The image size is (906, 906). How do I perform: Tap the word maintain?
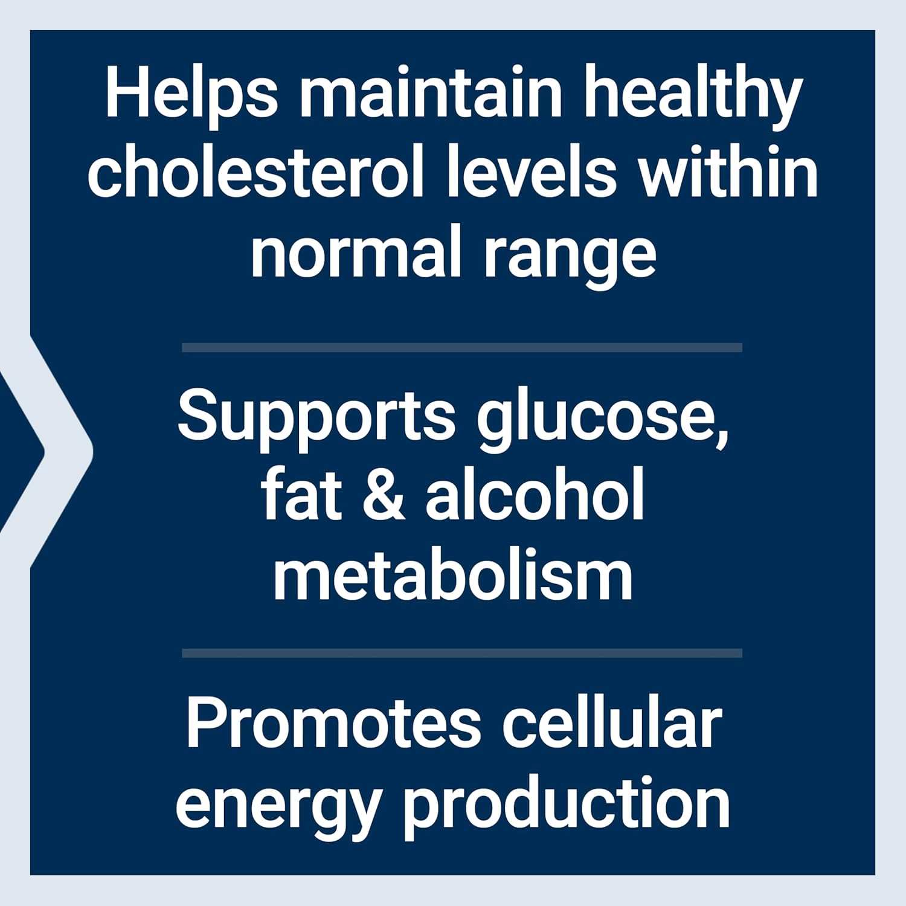point(431,95)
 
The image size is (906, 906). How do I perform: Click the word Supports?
point(316,417)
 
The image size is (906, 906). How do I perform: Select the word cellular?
point(611,725)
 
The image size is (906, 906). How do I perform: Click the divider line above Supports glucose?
point(462,347)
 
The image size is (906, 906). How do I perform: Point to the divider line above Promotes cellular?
point(462,653)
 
